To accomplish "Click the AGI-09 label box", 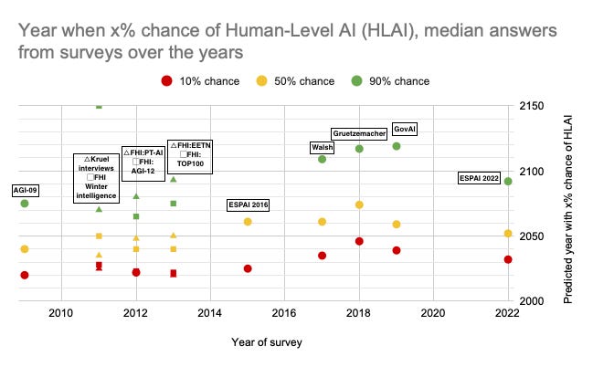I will point(25,190).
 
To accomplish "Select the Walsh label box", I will point(322,148).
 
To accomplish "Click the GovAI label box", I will point(404,128).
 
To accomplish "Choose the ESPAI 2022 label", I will point(479,179).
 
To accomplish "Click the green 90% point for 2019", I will point(397,146).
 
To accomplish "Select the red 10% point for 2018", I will point(359,241).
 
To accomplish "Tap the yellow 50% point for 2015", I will point(248,222).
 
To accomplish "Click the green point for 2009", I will point(25,204).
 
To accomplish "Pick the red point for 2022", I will point(508,259).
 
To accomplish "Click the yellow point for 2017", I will point(322,222).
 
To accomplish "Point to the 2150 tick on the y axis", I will point(530,107).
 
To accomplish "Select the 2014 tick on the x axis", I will point(210,315).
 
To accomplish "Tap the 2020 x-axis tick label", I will point(432,315).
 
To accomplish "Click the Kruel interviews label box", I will point(98,178).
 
